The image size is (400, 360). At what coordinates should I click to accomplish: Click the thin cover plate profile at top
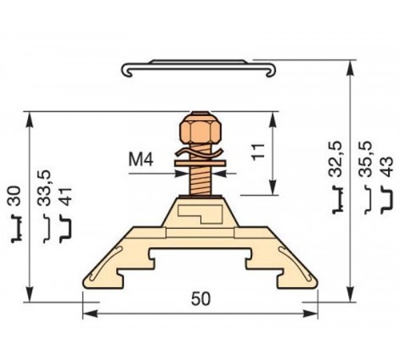(x=199, y=68)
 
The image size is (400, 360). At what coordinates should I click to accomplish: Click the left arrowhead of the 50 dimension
(x=87, y=313)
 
